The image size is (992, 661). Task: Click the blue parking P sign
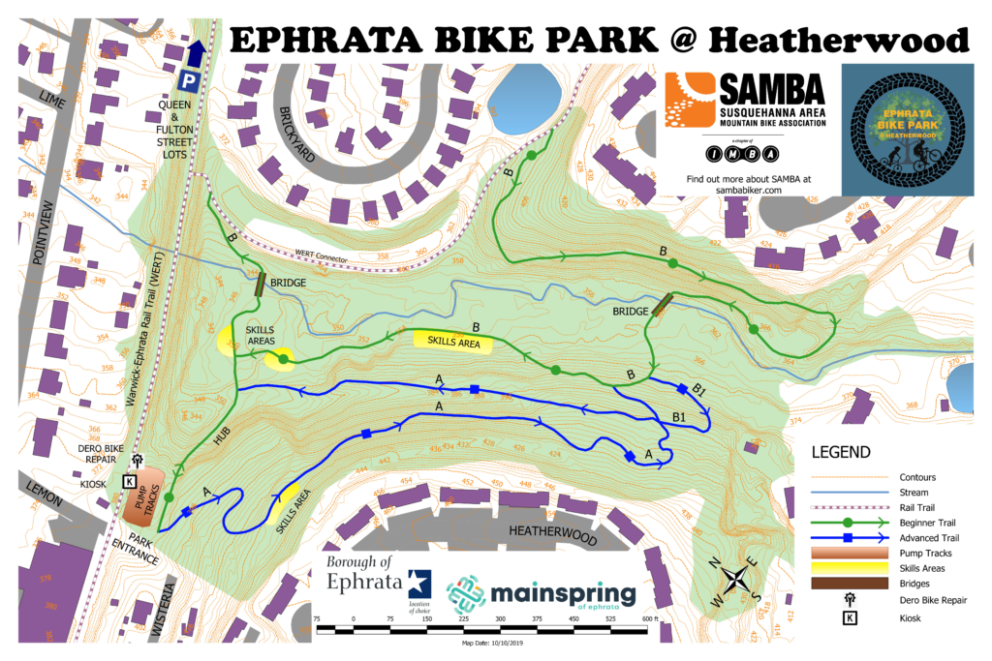192,82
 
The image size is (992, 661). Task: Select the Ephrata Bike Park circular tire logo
907,130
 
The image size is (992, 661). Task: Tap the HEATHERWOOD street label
546,530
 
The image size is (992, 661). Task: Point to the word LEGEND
841,452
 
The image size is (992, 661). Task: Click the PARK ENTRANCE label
136,550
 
